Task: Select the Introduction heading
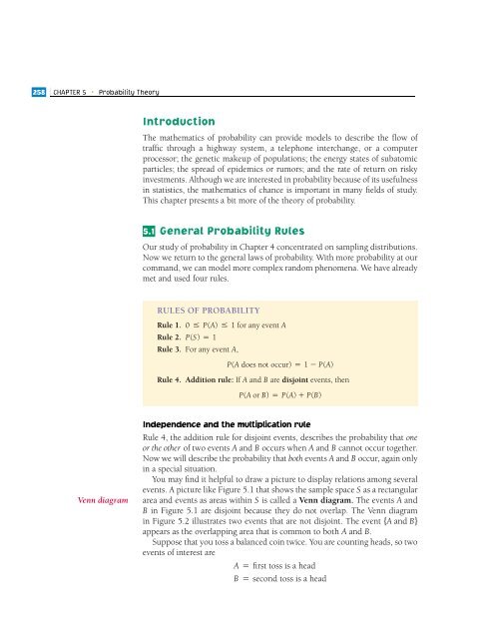point(180,121)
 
